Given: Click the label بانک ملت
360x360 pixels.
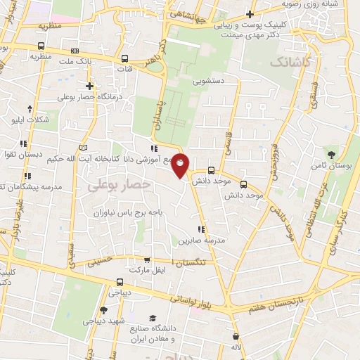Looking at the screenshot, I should click(x=94, y=63).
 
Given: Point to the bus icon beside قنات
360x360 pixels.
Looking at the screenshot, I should click(x=124, y=59).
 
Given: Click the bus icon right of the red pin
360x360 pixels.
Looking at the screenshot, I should click(x=211, y=170).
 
